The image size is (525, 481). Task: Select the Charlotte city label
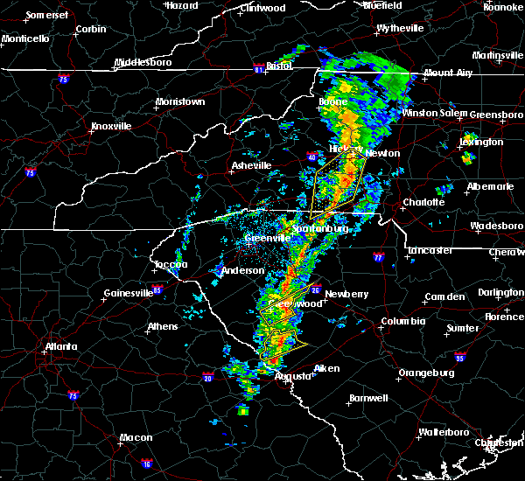(423, 203)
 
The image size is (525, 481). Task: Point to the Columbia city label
(402, 322)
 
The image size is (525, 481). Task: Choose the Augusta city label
(292, 376)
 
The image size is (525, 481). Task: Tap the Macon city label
(136, 437)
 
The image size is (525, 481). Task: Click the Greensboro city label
(496, 115)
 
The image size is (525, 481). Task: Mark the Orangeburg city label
(427, 373)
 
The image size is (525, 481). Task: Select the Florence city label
(505, 316)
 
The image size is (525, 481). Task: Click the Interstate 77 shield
(379, 258)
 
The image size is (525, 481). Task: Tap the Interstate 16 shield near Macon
(147, 464)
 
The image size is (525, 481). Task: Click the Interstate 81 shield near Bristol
(259, 66)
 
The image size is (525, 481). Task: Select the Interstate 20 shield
(207, 378)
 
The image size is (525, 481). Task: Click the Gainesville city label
(129, 293)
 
